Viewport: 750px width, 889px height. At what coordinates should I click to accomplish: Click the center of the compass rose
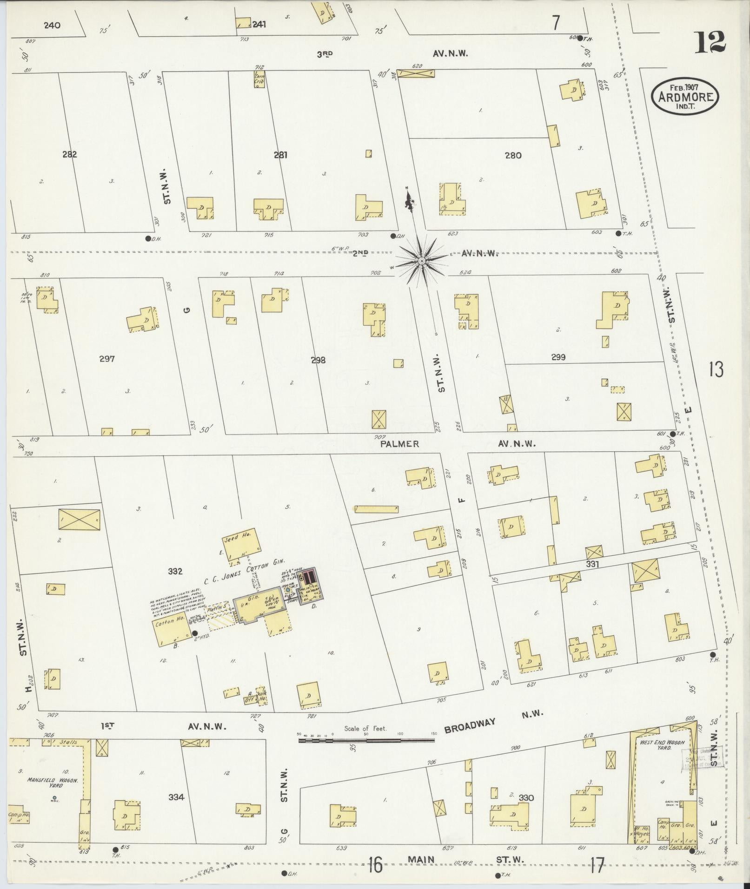coord(421,262)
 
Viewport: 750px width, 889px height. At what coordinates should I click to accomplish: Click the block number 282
coord(69,154)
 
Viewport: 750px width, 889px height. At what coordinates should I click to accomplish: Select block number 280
coord(512,155)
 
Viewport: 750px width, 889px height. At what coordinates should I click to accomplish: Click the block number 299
coord(558,357)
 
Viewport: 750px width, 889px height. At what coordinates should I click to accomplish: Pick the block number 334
coord(176,797)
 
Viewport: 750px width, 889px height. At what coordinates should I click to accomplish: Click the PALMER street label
coord(399,444)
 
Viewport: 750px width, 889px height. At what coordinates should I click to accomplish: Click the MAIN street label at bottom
coord(421,860)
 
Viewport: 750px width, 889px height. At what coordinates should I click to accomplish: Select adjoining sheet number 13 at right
coord(716,370)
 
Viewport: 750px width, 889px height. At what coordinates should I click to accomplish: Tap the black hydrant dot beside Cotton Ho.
coord(194,633)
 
